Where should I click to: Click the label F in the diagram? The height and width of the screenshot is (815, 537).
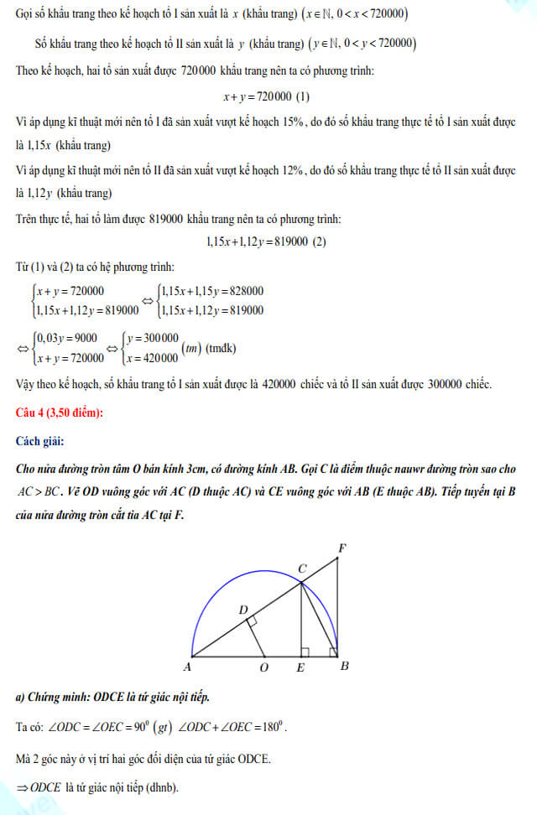tap(341, 548)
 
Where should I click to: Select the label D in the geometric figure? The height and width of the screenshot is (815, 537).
tap(243, 610)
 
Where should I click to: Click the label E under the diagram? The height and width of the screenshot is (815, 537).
tap(300, 668)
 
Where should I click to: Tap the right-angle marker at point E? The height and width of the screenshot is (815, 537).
tap(305, 651)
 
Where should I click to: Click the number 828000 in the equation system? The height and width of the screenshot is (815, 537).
tap(242, 291)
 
